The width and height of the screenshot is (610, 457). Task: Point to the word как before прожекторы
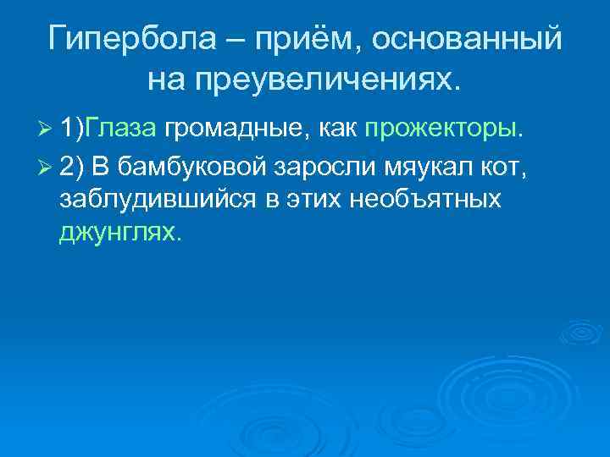tap(340, 129)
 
